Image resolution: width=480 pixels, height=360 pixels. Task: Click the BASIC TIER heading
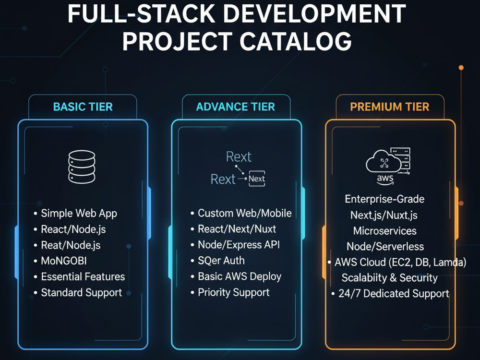tap(83, 107)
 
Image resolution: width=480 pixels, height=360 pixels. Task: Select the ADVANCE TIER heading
tap(235, 107)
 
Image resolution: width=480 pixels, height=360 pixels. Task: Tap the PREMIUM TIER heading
tap(390, 107)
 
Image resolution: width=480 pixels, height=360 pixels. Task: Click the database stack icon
tap(82, 167)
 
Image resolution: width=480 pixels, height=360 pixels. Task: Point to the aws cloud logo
tap(388, 167)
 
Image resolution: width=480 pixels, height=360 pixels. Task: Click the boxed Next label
tap(256, 179)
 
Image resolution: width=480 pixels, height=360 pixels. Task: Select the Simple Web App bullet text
tap(79, 214)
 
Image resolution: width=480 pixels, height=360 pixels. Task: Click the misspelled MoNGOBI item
tap(64, 261)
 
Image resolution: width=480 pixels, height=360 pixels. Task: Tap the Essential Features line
tap(83, 277)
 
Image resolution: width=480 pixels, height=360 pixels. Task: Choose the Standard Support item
tap(82, 293)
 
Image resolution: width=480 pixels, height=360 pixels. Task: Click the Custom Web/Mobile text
tap(245, 213)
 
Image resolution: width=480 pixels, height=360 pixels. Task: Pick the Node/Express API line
tap(239, 245)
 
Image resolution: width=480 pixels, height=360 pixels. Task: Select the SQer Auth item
tap(221, 261)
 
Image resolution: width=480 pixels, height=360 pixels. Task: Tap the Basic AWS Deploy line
tap(240, 277)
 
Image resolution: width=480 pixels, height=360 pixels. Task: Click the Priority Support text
tap(234, 292)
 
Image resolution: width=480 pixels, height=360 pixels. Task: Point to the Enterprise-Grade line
tap(384, 199)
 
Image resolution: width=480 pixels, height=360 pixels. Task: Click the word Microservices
tap(385, 231)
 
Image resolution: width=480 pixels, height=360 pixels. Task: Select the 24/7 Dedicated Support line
tap(394, 294)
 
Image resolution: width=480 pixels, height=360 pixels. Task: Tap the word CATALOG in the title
tap(295, 42)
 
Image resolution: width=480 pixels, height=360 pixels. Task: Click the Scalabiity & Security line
tap(389, 277)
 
